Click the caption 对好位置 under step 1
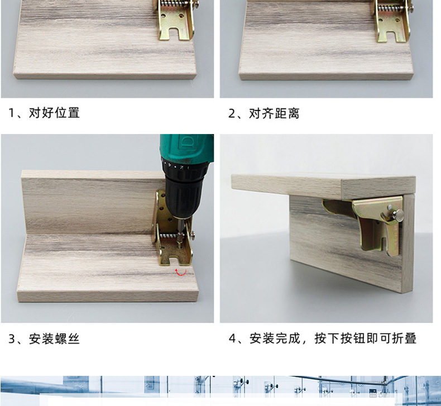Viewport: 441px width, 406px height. [x=54, y=113]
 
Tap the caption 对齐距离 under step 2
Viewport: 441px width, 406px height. [x=274, y=113]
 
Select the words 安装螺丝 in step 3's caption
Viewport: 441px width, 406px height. [x=54, y=339]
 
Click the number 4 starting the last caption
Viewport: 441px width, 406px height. [x=232, y=339]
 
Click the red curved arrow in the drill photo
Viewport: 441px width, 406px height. [x=180, y=272]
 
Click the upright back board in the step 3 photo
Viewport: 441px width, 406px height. [x=84, y=201]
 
